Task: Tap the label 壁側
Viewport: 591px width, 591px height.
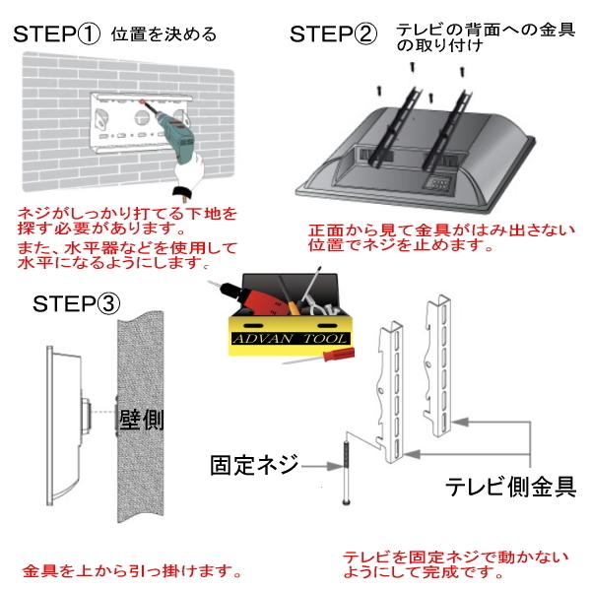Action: pos(141,420)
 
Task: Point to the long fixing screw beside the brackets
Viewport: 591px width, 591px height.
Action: pos(346,473)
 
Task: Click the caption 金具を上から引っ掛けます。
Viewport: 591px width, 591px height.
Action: pos(132,570)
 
